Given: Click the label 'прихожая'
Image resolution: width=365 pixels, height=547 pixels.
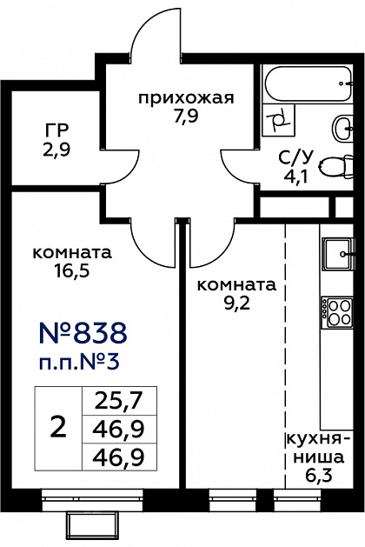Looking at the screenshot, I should coord(186,97).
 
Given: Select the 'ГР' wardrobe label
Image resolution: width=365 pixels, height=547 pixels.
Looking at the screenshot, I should coord(56,131).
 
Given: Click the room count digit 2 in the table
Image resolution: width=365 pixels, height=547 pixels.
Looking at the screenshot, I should coord(58,428).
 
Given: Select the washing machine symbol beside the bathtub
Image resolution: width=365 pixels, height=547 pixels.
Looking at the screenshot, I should coord(279,121).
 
